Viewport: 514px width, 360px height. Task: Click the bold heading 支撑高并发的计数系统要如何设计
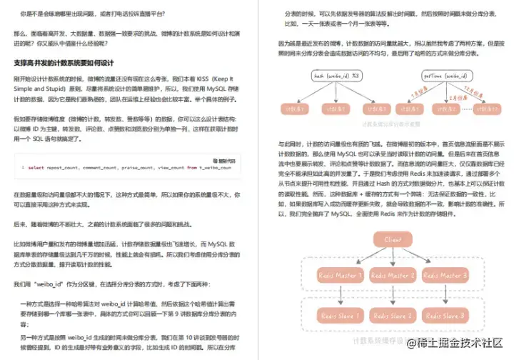pyautogui.click(x=64, y=62)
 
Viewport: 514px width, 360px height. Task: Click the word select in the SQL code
pyautogui.click(x=35, y=168)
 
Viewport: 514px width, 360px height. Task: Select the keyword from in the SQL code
pyautogui.click(x=192, y=168)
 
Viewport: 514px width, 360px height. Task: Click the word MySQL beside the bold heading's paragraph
pyautogui.click(x=206, y=89)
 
